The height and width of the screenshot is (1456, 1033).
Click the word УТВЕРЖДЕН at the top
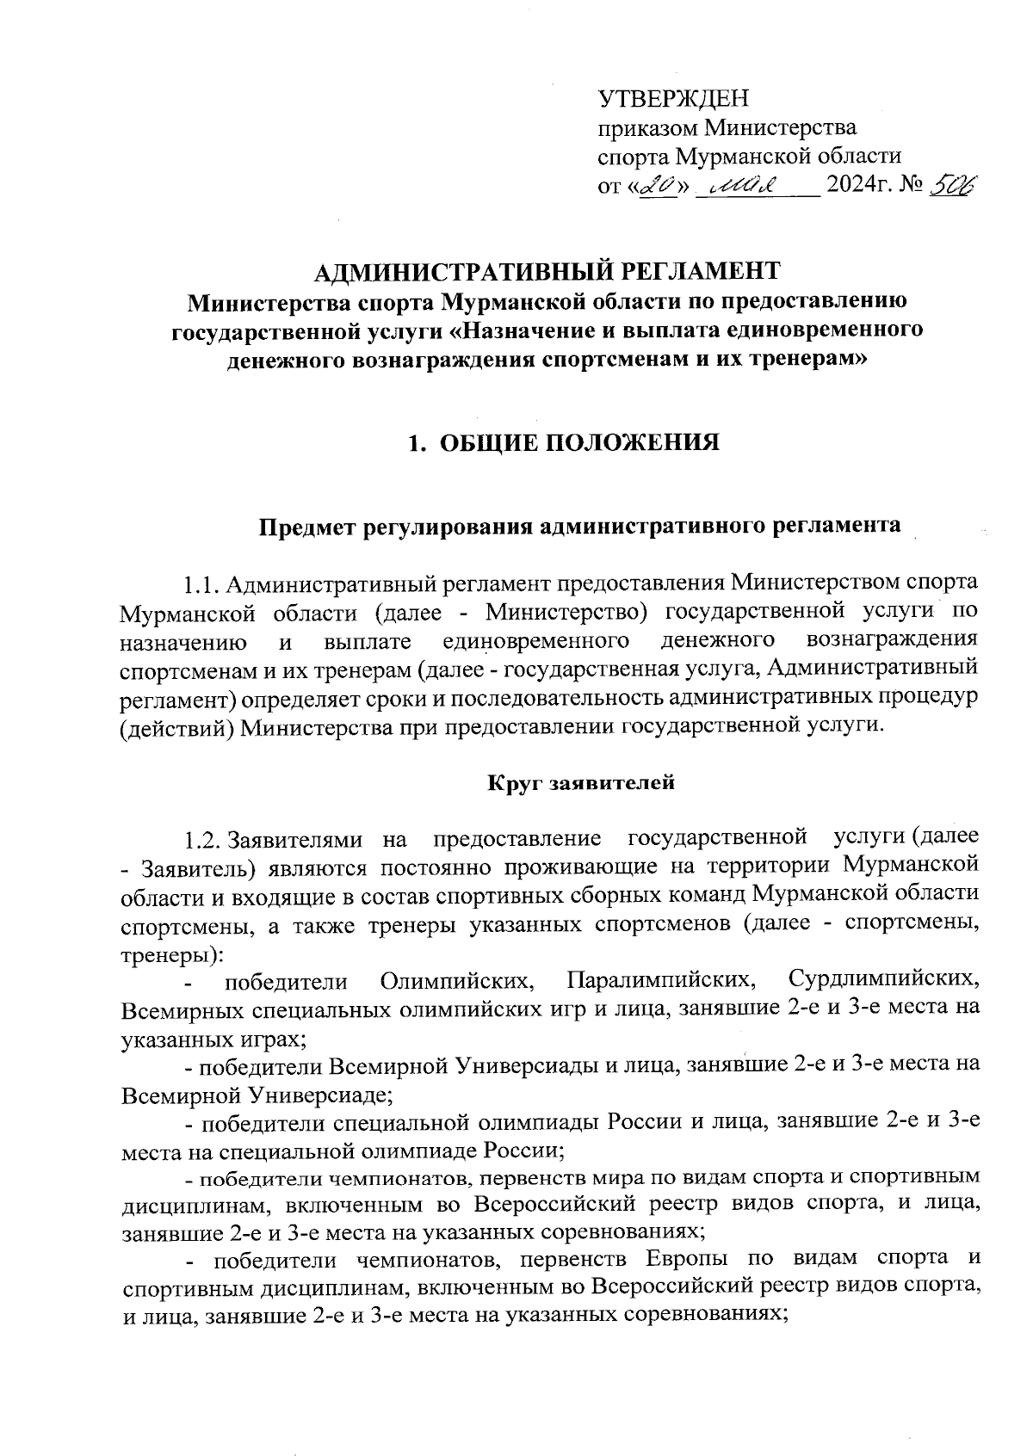point(673,99)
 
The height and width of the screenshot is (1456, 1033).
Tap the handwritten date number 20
point(660,186)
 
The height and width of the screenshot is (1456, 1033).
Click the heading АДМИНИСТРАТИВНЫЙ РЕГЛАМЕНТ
point(547,271)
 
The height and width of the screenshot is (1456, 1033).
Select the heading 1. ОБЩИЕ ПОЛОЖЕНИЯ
point(564,443)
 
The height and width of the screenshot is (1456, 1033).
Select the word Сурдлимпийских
point(883,980)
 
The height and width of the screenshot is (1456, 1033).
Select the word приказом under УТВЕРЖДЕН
point(647,129)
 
